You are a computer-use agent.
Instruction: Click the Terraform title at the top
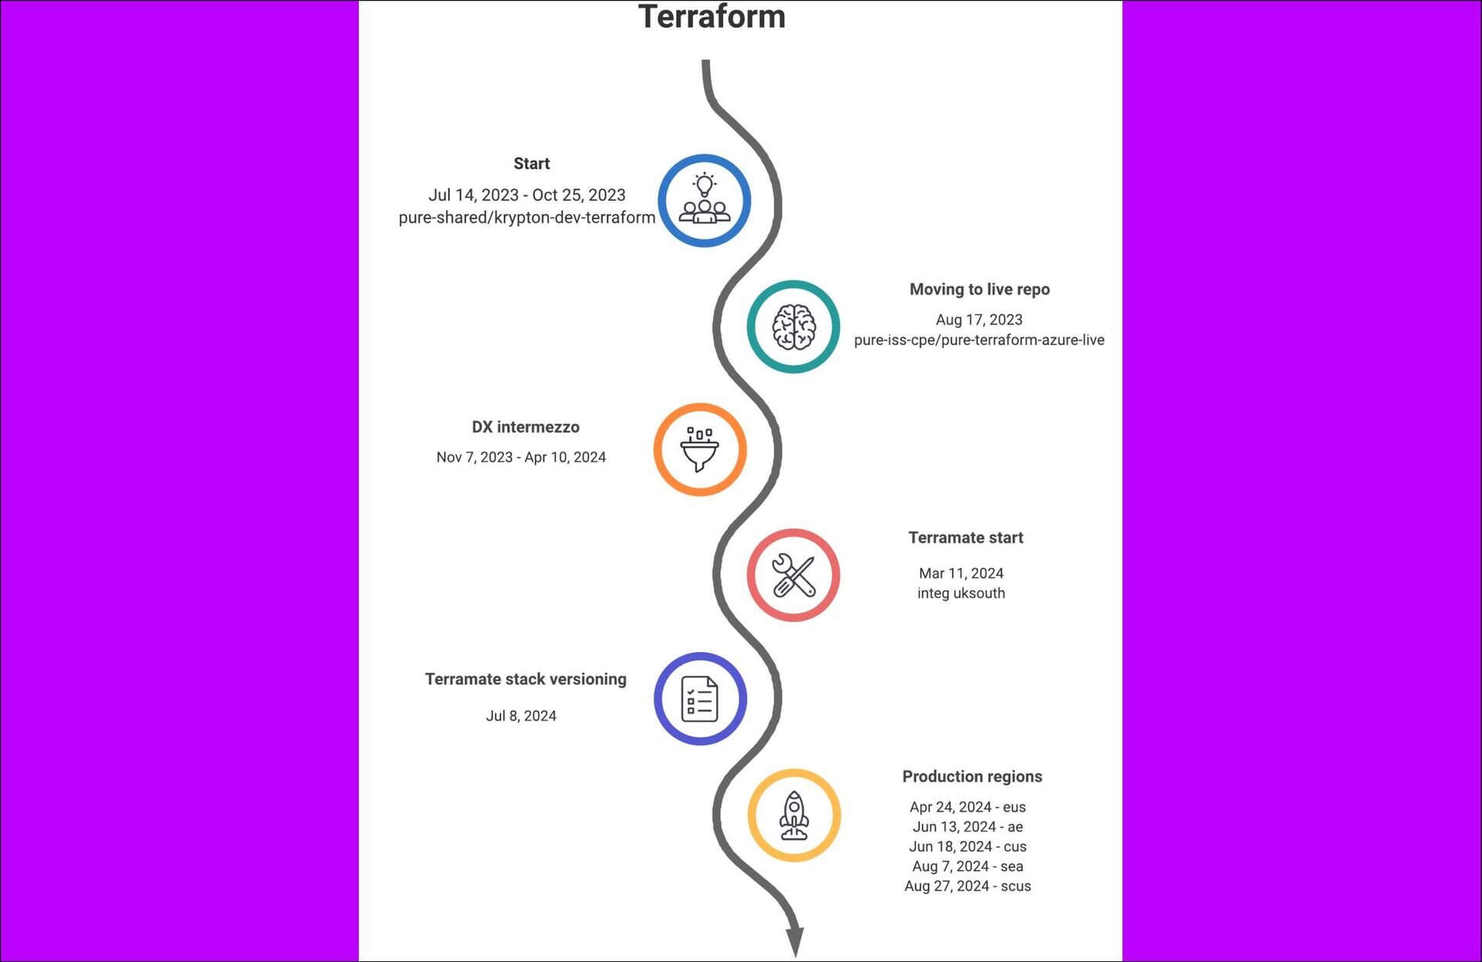tap(712, 17)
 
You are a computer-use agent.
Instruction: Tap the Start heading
tap(531, 164)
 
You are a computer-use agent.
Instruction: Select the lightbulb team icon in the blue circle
tap(704, 201)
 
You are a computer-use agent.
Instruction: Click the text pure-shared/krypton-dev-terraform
tap(526, 218)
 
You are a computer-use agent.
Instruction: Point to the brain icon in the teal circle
tap(793, 327)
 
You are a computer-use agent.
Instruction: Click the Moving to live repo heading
tap(980, 289)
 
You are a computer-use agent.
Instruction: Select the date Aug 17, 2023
tap(979, 319)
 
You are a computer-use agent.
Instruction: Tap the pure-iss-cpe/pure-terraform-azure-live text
tap(979, 340)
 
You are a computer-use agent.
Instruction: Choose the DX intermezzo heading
tap(526, 427)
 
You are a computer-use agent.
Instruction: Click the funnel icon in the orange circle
tap(700, 450)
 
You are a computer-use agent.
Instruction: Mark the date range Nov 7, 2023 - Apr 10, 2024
tap(521, 457)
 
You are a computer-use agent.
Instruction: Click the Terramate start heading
tap(966, 538)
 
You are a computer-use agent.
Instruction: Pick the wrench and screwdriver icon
tap(793, 576)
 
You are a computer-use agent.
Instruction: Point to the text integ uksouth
tap(961, 593)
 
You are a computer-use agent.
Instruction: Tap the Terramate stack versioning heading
tap(526, 679)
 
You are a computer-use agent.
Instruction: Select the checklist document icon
tap(700, 699)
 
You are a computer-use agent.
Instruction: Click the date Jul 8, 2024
tap(521, 716)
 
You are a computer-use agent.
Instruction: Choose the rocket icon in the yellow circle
tap(794, 815)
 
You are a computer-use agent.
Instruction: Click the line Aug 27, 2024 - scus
tap(967, 886)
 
